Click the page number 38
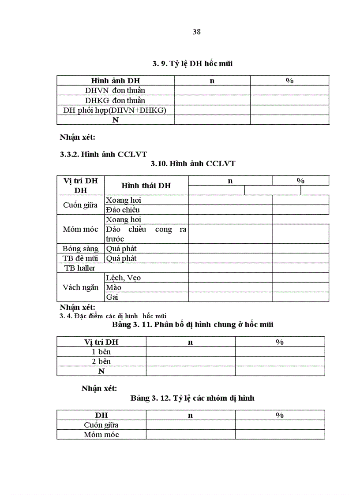[197, 32]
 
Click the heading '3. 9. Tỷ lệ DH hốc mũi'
[193, 63]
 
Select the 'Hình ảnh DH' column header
[116, 81]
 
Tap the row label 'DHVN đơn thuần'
[115, 90]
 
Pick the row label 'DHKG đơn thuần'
[115, 100]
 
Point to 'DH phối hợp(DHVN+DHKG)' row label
[115, 110]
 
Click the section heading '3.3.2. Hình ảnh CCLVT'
[103, 154]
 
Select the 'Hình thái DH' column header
[146, 186]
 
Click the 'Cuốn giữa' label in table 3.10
[80, 205]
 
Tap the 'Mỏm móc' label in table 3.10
[80, 229]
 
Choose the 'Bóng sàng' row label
[80, 249]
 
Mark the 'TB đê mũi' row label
[80, 258]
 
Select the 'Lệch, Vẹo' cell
[123, 278]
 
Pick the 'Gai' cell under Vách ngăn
[112, 297]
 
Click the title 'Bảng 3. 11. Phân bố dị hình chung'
[193, 324]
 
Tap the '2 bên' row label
[101, 361]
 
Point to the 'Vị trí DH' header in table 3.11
[101, 342]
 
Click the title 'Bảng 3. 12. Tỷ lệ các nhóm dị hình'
[192, 398]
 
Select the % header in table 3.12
[280, 415]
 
